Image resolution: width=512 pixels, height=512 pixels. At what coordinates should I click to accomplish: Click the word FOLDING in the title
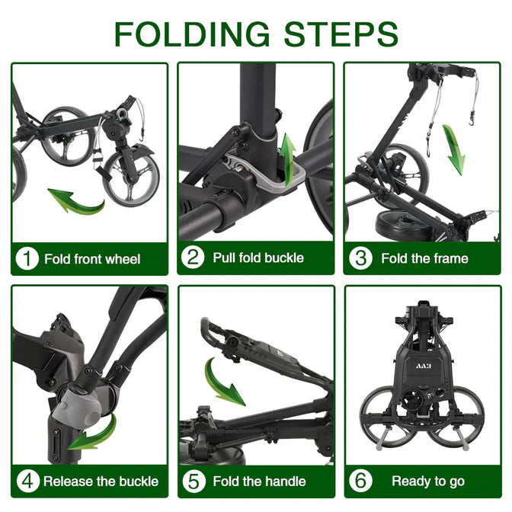[x=192, y=34]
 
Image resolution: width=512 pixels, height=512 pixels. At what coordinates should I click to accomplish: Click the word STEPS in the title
[x=341, y=34]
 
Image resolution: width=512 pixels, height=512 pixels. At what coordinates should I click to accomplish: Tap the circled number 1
[x=27, y=258]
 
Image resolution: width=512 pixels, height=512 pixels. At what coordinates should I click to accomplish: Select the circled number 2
[x=193, y=257]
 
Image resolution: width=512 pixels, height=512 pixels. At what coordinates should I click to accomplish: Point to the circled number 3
[x=360, y=258]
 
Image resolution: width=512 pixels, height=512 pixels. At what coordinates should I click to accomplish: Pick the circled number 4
[x=27, y=481]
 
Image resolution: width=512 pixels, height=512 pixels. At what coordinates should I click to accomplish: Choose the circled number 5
[x=194, y=481]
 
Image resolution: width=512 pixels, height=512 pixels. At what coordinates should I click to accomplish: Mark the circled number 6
[x=360, y=481]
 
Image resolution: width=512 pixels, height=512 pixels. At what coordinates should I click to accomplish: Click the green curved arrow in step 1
[x=78, y=203]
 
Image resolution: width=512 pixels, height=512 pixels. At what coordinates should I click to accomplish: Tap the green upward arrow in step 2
[x=288, y=160]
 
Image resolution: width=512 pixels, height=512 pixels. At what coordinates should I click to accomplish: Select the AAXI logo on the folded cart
[x=424, y=366]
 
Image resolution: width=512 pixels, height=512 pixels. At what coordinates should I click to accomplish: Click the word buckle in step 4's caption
[x=139, y=482]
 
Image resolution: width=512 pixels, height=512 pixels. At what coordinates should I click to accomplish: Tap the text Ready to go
[x=428, y=482]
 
